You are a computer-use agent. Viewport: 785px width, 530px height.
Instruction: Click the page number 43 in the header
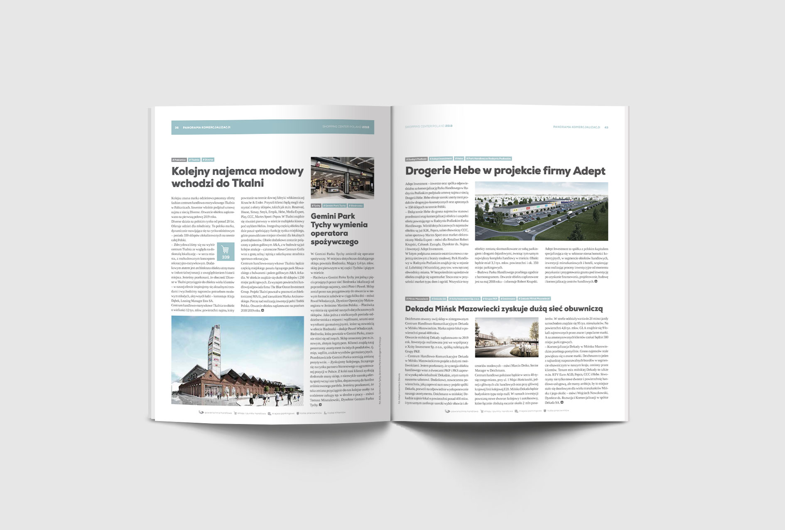606,127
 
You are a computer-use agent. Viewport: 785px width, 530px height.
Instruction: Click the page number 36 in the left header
177,127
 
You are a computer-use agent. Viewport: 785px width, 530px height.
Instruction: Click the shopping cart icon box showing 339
226,251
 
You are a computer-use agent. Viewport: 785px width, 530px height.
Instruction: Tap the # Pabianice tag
179,160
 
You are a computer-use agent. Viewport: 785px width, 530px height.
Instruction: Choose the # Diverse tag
208,160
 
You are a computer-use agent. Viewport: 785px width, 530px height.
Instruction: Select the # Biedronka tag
356,206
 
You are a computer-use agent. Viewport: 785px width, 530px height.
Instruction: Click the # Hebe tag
459,158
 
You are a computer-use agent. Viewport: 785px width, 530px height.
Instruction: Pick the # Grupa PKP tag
490,298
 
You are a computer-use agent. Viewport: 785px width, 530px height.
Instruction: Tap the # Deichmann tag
508,298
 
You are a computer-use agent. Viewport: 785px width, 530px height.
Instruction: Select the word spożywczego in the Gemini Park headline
334,242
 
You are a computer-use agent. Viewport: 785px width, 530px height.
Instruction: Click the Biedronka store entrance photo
342,178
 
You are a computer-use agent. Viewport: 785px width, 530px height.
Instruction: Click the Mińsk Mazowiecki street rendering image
506,338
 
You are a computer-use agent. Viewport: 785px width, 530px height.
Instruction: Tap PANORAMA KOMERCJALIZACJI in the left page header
206,127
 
